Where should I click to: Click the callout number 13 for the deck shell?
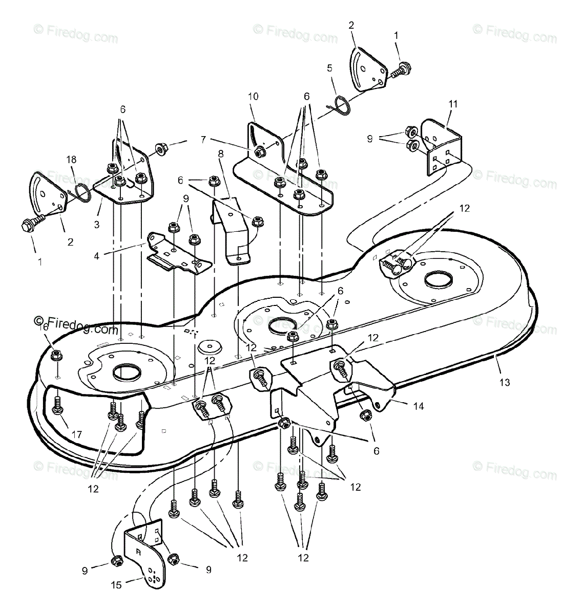(505, 382)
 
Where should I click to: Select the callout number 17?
(76, 435)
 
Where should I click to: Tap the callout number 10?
(253, 96)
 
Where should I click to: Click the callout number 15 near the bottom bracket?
(117, 585)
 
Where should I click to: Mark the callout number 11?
(452, 104)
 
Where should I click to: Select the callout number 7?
(204, 138)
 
